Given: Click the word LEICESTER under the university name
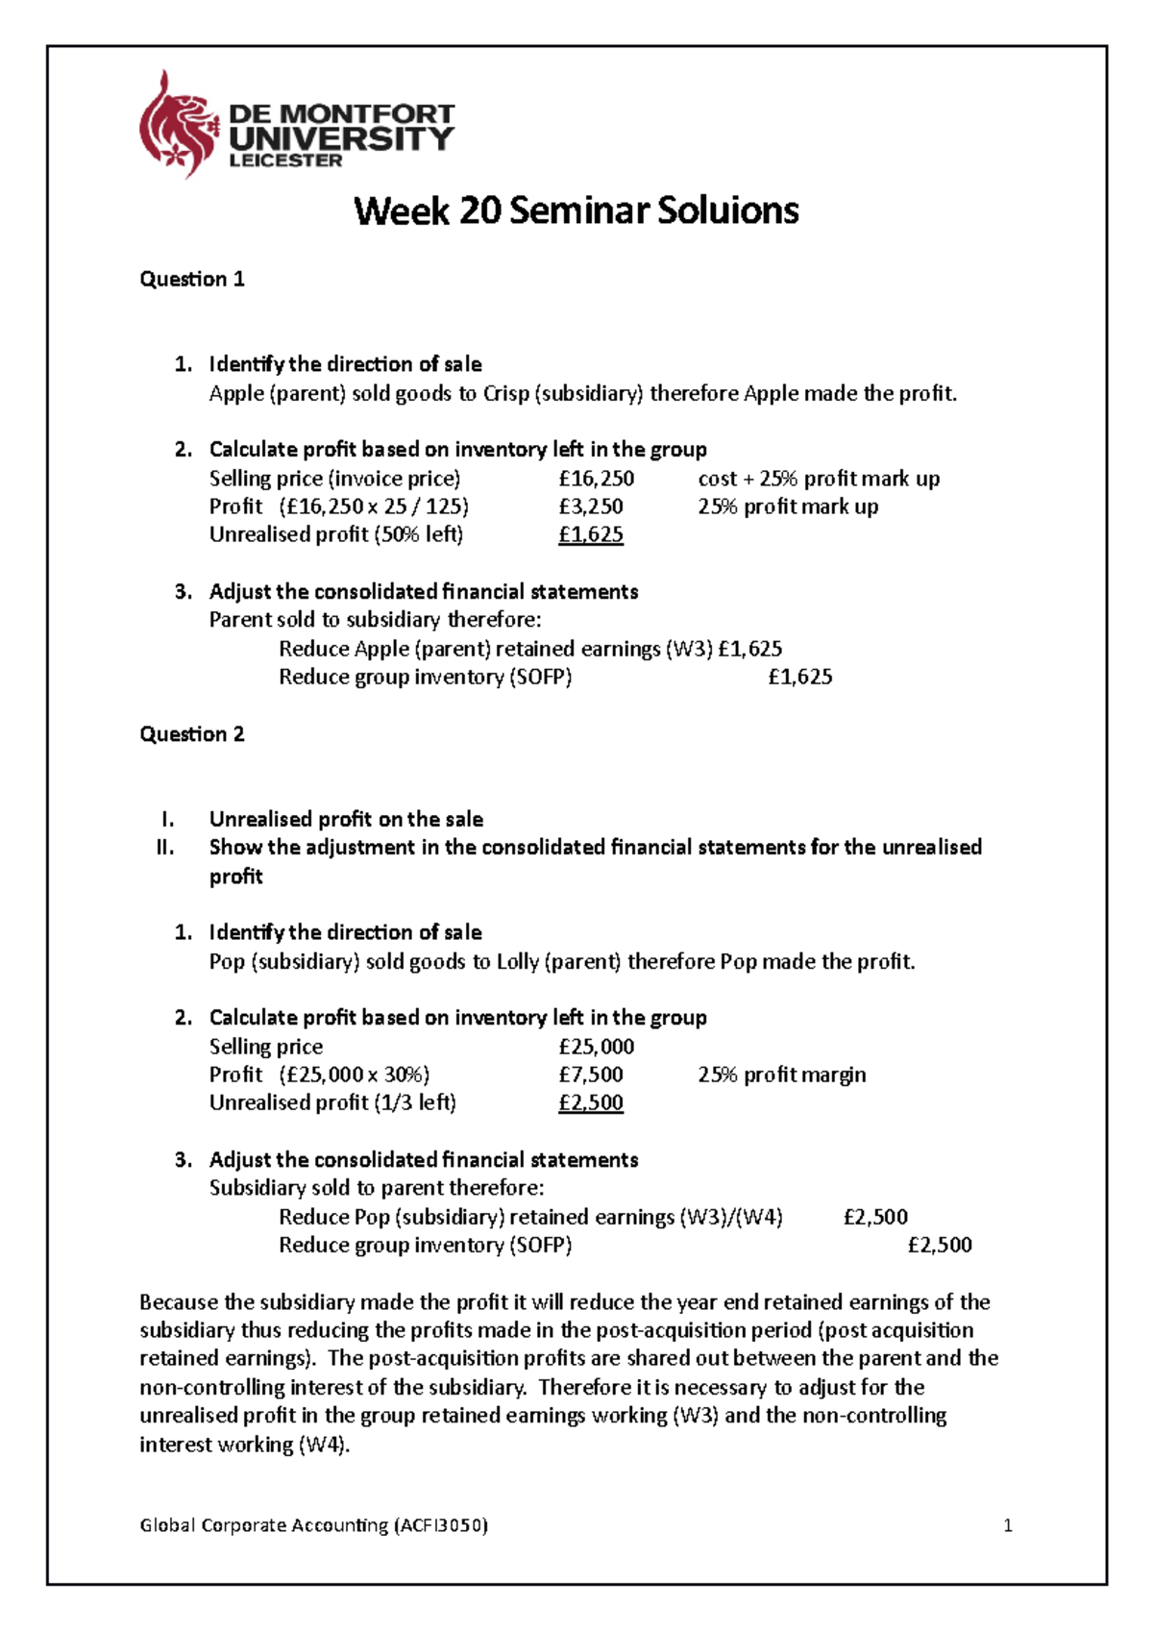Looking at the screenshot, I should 285,161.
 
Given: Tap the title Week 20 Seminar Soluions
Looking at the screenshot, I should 576,210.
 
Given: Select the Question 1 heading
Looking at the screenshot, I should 192,280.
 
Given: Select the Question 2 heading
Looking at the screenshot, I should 192,734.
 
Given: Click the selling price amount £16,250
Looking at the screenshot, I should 596,479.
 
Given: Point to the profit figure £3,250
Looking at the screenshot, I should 590,507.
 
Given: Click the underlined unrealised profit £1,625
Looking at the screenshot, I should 590,535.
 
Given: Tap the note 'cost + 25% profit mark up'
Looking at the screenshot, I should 819,479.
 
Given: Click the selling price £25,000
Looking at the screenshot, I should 596,1047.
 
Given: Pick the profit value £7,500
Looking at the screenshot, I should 590,1075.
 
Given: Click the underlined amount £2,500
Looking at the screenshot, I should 590,1103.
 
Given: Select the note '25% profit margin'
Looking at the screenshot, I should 781,1075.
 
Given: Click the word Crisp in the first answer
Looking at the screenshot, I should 505,393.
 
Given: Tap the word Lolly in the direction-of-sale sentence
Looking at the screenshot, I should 518,962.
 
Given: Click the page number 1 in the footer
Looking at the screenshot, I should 1007,1525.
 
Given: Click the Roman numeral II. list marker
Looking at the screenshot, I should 165,848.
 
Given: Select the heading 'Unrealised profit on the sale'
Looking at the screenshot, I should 346,820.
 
